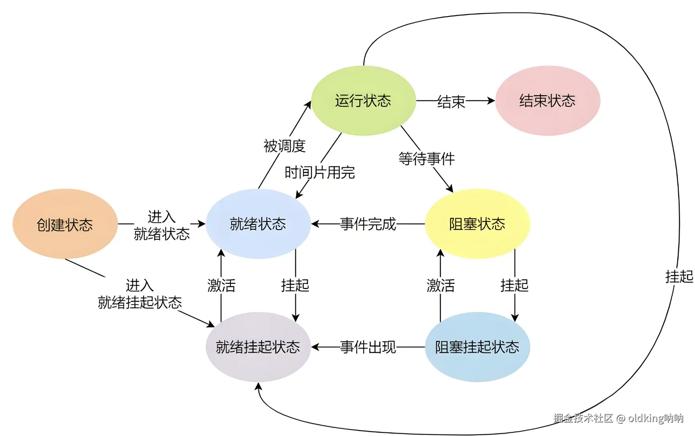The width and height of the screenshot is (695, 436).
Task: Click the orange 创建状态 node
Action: (65, 224)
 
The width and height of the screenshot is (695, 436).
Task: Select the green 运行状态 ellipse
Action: (363, 100)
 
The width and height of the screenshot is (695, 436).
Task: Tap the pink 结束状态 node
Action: (547, 100)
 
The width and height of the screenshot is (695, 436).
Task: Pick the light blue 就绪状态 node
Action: (258, 224)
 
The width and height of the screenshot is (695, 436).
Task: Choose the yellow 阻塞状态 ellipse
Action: (477, 224)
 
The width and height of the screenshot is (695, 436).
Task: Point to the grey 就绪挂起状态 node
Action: (258, 347)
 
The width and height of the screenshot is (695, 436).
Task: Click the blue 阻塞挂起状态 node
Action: (477, 347)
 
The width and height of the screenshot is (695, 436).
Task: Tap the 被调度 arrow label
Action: (285, 146)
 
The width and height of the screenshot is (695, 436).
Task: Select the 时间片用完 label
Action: (320, 173)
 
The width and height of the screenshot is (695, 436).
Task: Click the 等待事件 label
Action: (427, 159)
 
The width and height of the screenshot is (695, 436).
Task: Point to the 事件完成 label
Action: (368, 224)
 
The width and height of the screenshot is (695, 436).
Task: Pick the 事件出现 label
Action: (368, 347)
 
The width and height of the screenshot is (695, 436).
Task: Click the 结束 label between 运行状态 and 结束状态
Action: (451, 102)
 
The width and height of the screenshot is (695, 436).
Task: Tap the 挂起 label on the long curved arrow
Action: (679, 277)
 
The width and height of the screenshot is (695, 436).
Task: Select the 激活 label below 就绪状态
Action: (222, 285)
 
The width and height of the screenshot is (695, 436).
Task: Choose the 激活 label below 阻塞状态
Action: (441, 285)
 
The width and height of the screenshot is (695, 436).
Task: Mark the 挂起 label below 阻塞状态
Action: (514, 285)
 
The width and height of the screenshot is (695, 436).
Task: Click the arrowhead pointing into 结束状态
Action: (491, 100)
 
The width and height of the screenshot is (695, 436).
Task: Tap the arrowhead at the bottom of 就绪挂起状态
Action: (258, 386)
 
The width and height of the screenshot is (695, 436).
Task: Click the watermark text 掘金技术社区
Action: (583, 418)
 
